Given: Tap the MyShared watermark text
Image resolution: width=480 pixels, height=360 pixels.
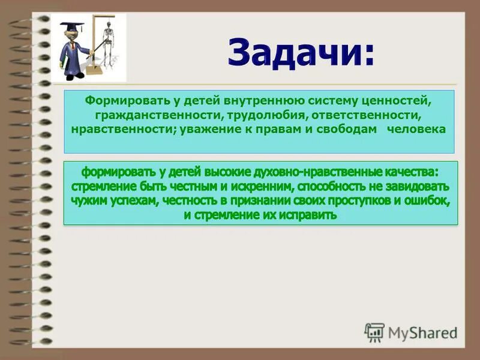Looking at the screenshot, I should coord(422,332).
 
